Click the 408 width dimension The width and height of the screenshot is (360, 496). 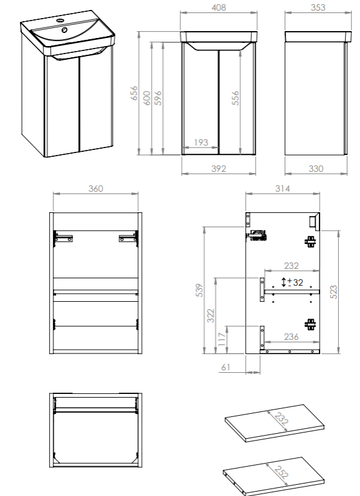coord(219,7)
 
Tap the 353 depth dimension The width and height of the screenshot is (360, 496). coord(318,7)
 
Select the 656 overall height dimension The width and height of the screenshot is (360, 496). coord(134,93)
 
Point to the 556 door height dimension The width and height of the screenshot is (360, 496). coord(236,98)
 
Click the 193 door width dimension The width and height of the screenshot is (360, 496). coord(201,143)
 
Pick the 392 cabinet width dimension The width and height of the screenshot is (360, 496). coord(219,169)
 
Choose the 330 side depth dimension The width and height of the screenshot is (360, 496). coord(316,169)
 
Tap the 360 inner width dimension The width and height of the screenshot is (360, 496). coord(96,189)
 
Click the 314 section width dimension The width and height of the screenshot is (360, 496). coord(282,189)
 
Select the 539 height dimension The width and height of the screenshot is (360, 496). coord(199,290)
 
